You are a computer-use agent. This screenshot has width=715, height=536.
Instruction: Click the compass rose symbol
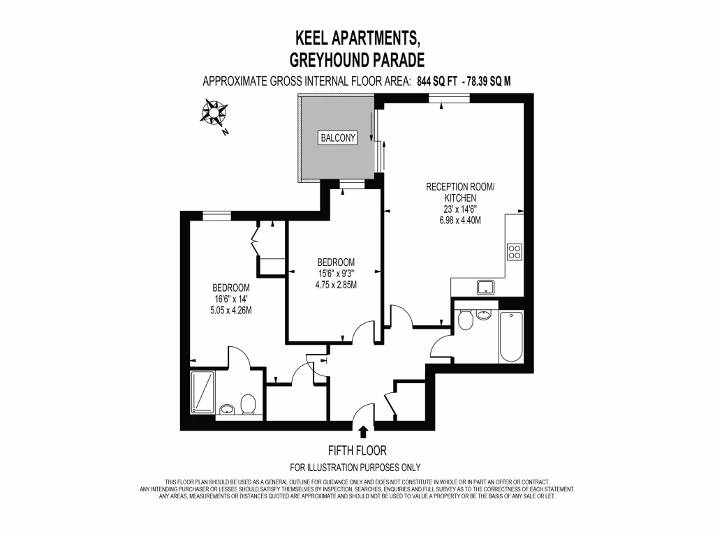tap(214, 112)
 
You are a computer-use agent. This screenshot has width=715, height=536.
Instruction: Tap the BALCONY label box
tap(338, 137)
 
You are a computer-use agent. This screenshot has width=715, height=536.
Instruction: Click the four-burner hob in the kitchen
tap(515, 251)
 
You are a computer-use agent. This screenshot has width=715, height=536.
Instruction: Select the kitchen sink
tap(485, 287)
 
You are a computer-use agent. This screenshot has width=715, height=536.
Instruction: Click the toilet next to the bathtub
tap(466, 320)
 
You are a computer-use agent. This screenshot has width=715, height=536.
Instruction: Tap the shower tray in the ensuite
tap(204, 393)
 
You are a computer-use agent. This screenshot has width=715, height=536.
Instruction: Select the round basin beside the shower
tap(226, 409)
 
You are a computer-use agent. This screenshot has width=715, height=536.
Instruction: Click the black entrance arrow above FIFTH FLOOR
tap(363, 433)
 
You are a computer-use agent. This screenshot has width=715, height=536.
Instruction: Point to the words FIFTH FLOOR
tap(357, 451)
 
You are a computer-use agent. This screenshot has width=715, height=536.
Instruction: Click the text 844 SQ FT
tap(437, 81)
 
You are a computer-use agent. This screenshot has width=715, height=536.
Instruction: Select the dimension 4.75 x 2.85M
tap(337, 284)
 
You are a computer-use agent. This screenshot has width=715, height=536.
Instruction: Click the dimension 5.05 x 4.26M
tap(232, 310)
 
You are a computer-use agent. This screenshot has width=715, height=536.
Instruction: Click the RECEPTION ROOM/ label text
tap(460, 187)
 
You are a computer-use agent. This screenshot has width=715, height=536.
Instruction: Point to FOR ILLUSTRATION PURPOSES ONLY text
tap(356, 468)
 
